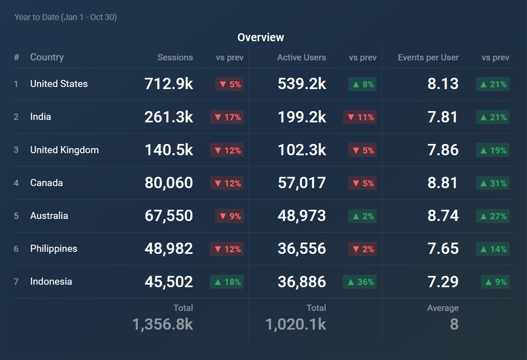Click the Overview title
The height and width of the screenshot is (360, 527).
tap(260, 37)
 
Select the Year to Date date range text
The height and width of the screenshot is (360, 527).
tap(65, 17)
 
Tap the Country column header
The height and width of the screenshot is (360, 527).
tap(47, 57)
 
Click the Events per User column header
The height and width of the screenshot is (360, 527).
tap(428, 57)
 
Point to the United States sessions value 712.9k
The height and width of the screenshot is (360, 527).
tap(169, 84)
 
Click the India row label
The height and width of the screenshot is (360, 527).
tap(40, 117)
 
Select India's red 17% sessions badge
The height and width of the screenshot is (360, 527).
tap(227, 117)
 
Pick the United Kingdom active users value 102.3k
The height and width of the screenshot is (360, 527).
tap(302, 150)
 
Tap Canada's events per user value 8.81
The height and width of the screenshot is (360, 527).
tap(443, 183)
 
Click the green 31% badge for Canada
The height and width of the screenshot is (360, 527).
tap(492, 183)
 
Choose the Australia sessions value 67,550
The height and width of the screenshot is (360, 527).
tap(169, 215)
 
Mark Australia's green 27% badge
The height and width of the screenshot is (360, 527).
tap(492, 217)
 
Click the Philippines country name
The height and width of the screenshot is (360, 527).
tap(54, 249)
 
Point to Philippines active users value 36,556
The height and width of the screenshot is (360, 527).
tap(302, 249)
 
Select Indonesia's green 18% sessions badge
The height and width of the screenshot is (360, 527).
tap(227, 282)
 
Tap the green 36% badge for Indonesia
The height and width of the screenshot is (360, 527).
tap(360, 282)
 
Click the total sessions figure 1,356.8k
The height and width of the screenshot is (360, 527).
tap(162, 324)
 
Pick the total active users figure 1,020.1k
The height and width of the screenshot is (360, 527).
tap(296, 324)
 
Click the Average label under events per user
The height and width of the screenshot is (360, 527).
tap(443, 308)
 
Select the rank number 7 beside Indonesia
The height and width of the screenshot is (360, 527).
tap(16, 282)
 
